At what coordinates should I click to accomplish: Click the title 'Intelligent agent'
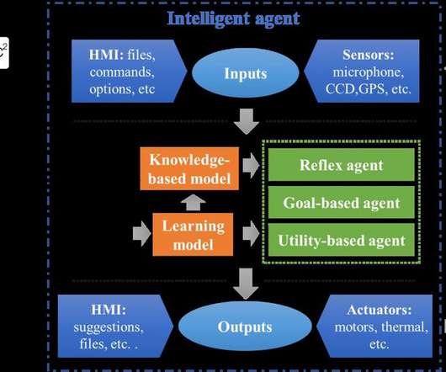click(x=233, y=19)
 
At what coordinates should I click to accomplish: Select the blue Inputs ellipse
click(x=246, y=73)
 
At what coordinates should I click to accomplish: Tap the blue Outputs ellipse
click(x=245, y=327)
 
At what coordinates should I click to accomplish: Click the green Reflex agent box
click(x=342, y=165)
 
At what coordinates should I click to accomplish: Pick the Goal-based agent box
click(x=342, y=203)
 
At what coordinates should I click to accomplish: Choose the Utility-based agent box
click(x=342, y=240)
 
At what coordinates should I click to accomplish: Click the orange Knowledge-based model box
click(x=189, y=168)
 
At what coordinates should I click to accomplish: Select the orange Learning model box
click(x=193, y=235)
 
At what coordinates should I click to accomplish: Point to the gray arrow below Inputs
click(x=247, y=121)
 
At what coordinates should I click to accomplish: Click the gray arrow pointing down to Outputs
click(x=246, y=284)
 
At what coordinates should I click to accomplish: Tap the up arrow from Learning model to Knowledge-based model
click(x=194, y=203)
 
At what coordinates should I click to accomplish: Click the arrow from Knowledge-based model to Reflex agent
click(x=251, y=165)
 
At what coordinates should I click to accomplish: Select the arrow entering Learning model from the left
click(x=141, y=233)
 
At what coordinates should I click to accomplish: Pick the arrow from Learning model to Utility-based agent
click(x=251, y=233)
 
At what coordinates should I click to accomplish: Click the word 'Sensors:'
click(x=369, y=55)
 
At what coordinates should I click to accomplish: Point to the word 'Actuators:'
click(x=380, y=310)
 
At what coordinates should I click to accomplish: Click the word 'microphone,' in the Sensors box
click(x=369, y=72)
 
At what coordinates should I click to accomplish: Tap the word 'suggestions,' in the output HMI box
click(x=109, y=327)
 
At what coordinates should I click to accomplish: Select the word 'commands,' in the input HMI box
click(x=122, y=72)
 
